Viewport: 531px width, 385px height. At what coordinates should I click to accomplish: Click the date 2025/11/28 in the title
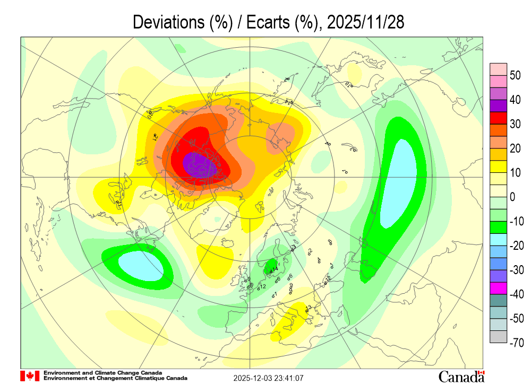366,22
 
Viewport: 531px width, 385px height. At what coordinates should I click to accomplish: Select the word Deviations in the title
164,22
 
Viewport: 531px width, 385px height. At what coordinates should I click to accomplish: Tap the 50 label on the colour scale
515,75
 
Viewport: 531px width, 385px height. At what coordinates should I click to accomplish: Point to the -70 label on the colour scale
516,343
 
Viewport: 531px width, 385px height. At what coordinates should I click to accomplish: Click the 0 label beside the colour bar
512,197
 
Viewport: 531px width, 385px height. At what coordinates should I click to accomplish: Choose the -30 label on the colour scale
516,270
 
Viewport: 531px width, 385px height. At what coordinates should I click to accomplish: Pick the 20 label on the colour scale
515,148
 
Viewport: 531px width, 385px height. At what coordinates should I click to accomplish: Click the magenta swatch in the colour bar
498,288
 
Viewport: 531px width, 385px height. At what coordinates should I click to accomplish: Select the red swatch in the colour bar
498,118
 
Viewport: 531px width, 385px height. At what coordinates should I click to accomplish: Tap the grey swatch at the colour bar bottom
498,337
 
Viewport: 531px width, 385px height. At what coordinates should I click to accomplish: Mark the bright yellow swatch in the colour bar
498,167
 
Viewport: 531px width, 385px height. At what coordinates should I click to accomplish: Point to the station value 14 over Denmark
275,269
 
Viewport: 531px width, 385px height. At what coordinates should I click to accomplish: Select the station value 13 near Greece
308,308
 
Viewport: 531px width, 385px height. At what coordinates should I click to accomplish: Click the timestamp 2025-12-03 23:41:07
269,378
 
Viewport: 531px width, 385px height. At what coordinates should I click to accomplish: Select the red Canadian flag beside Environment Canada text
30,376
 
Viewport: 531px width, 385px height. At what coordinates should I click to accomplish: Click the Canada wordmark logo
461,376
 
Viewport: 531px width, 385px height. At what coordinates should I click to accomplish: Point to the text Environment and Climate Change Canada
103,373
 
